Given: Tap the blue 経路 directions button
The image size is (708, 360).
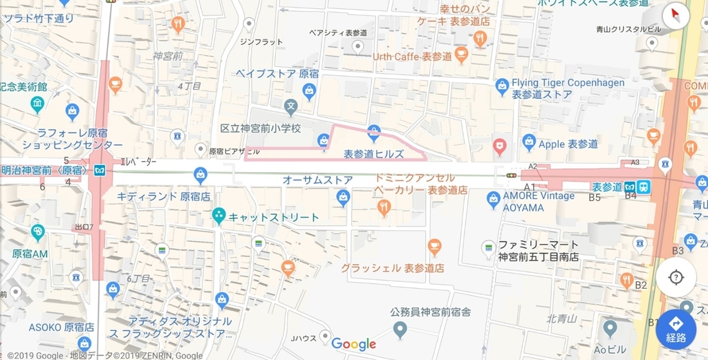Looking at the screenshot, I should (x=676, y=330).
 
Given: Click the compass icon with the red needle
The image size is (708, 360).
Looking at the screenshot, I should (x=676, y=15).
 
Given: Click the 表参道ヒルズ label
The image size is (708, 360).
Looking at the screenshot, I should (x=373, y=154).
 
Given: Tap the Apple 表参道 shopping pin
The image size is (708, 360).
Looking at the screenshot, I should (x=529, y=142).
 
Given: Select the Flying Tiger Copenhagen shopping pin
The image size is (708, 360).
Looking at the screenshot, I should (x=503, y=86).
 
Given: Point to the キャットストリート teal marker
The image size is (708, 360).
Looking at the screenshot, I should (x=218, y=216).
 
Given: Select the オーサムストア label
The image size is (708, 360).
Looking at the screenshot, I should (x=317, y=180).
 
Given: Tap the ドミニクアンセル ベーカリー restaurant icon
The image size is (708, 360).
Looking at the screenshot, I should (x=384, y=206).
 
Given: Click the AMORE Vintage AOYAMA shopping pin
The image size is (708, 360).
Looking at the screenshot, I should (x=494, y=200).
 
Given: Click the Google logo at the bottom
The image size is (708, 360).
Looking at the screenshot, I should (x=353, y=343).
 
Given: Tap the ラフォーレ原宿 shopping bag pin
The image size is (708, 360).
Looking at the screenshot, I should (x=72, y=111).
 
